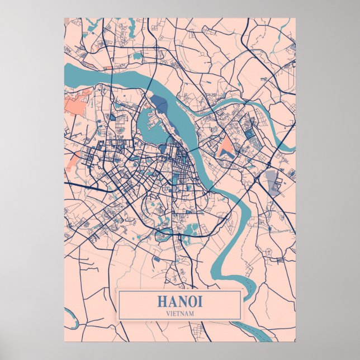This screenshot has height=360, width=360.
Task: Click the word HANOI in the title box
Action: pyautogui.click(x=179, y=301)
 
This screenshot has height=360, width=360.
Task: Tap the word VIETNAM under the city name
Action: pyautogui.click(x=179, y=313)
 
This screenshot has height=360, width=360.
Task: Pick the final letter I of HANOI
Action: pyautogui.click(x=200, y=301)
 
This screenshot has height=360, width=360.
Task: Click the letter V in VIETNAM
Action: pyautogui.click(x=167, y=313)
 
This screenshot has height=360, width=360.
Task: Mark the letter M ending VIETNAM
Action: pyautogui.click(x=192, y=313)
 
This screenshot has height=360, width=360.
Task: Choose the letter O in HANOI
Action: pyautogui.click(x=192, y=301)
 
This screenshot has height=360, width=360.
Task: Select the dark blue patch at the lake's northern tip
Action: pyautogui.click(x=159, y=103)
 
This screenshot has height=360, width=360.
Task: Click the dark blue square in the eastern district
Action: pyautogui.click(x=249, y=134)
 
